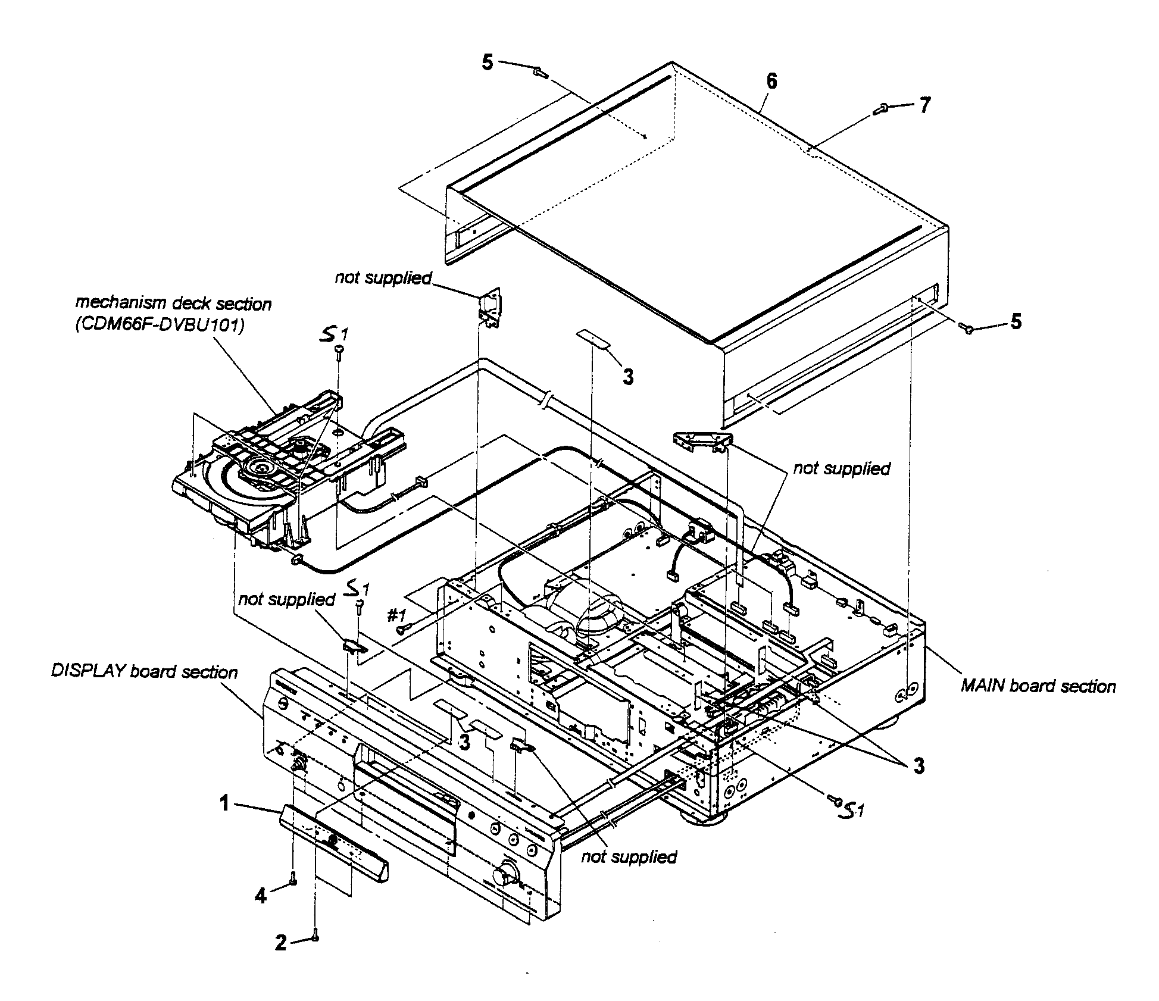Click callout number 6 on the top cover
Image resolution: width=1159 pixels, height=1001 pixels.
[771, 82]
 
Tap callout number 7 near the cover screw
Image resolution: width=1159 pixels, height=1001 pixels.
[923, 106]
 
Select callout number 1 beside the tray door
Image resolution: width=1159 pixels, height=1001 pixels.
[224, 804]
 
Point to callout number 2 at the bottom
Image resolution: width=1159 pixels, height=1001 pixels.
[281, 943]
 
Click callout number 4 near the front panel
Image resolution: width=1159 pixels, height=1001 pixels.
[261, 896]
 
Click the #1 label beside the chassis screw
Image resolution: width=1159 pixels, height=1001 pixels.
[396, 615]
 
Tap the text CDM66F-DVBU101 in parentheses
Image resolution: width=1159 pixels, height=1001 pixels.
[160, 326]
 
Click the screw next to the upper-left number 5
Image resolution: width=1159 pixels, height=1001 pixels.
[540, 73]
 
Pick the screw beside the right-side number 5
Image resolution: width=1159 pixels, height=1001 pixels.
[968, 327]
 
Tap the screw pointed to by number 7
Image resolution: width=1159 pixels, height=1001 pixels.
[882, 108]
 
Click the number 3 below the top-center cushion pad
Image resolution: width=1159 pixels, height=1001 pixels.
[628, 377]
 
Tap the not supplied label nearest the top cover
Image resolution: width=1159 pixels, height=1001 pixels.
[383, 277]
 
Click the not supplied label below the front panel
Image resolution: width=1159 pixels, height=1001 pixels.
[629, 856]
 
